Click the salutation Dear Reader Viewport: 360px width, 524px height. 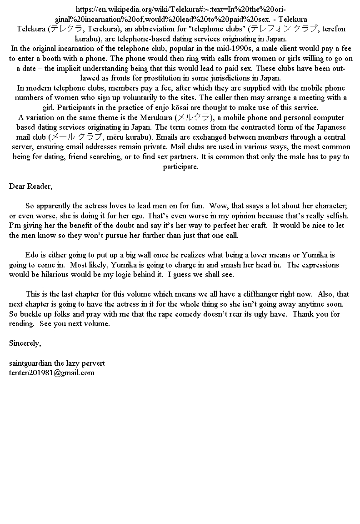click(30, 186)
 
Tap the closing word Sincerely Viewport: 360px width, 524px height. click(25, 343)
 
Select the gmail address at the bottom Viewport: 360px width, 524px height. click(52, 373)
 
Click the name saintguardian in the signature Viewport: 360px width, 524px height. click(30, 363)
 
